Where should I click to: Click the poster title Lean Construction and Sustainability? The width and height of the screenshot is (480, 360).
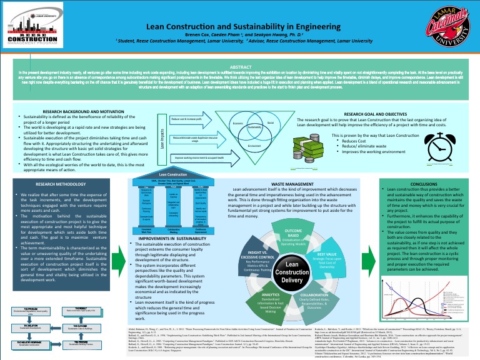(x=240, y=27)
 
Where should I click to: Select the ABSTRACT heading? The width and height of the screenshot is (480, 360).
(x=241, y=66)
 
